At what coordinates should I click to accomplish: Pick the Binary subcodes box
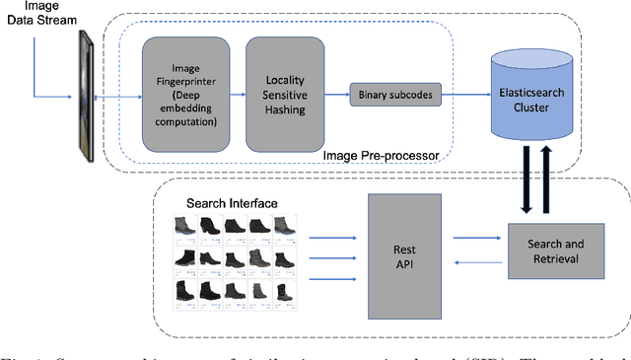point(392,97)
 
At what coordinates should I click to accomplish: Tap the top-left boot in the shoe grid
point(183,226)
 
